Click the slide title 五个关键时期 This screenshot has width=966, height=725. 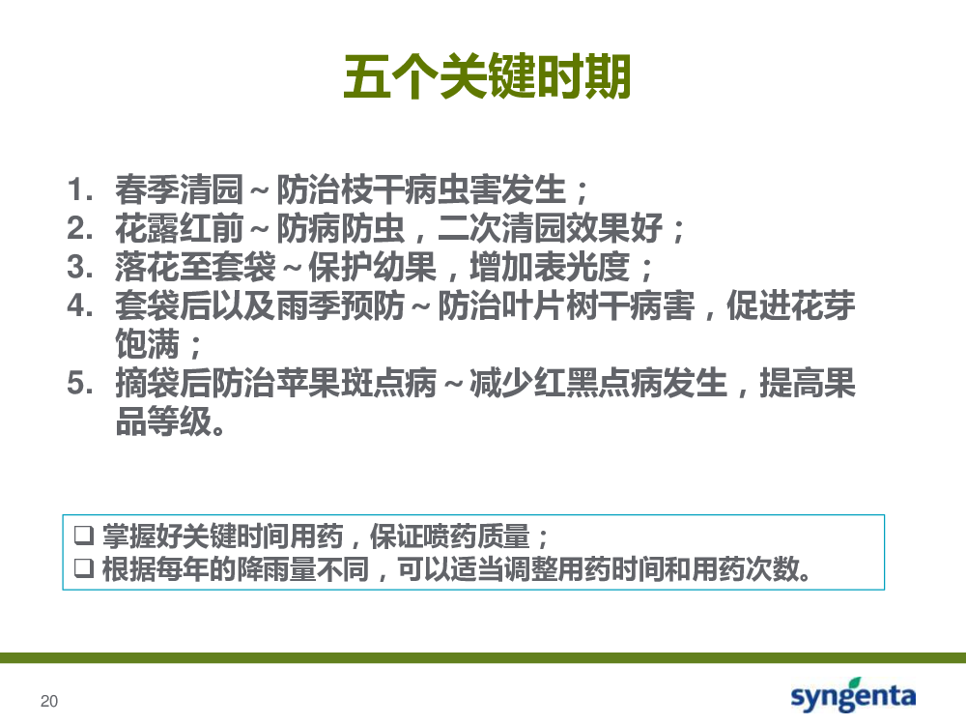[487, 76]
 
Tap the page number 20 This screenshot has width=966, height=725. [49, 701]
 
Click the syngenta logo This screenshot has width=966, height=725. [853, 695]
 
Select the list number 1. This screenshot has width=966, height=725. [79, 189]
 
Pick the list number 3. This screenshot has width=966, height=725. [79, 267]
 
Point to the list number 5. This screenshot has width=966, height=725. [79, 383]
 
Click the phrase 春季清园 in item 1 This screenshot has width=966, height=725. [180, 189]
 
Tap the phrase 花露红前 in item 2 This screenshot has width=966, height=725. [180, 228]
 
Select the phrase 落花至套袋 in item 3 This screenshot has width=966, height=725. [195, 267]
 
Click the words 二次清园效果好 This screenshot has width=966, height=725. [551, 228]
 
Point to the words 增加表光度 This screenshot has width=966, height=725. [551, 267]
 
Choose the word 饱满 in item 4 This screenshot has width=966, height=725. [147, 344]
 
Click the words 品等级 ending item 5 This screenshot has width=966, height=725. [163, 421]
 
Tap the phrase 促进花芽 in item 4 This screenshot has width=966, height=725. [791, 305]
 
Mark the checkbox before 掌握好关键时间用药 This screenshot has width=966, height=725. [84, 536]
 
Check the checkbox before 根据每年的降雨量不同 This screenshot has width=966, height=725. [84, 567]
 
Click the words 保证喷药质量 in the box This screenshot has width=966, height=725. [450, 536]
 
